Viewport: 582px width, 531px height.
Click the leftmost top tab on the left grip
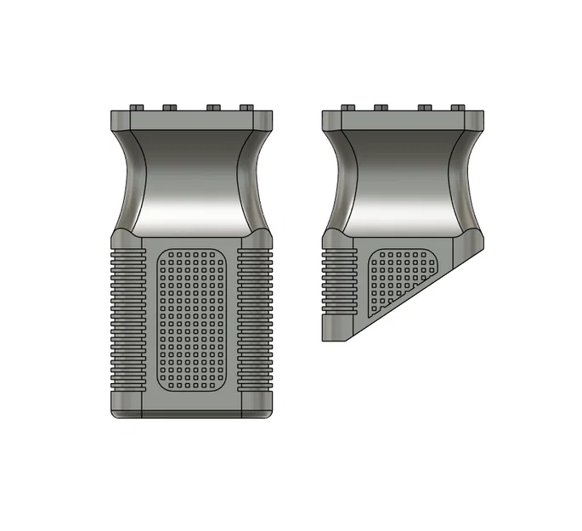click(x=138, y=107)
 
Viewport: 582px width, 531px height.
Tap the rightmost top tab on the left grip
click(x=246, y=107)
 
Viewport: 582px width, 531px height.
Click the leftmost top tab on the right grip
click(x=348, y=107)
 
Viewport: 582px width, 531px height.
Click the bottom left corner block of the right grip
click(x=335, y=329)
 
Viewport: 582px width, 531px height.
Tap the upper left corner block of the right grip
click(x=334, y=121)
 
